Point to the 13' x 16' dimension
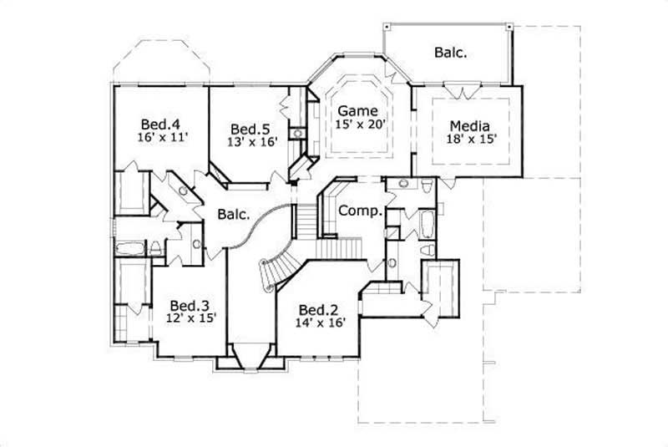pyautogui.click(x=252, y=142)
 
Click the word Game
pyautogui.click(x=357, y=110)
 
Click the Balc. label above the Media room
pyautogui.click(x=450, y=52)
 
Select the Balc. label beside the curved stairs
pyautogui.click(x=234, y=215)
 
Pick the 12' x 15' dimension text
pyautogui.click(x=189, y=318)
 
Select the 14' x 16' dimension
pyautogui.click(x=319, y=320)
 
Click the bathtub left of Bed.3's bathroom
pyautogui.click(x=130, y=248)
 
